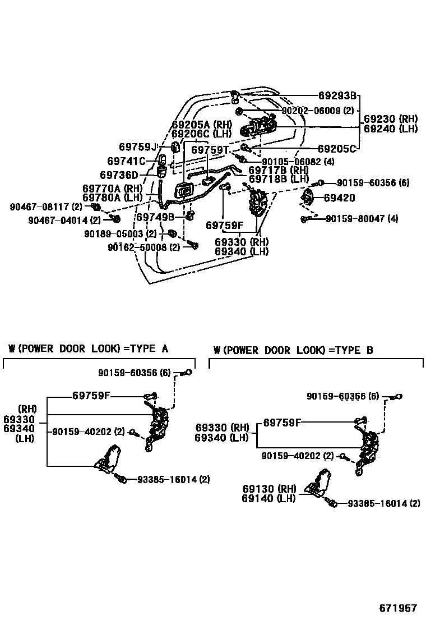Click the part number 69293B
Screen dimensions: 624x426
pyautogui.click(x=337, y=95)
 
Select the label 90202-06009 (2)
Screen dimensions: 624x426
pyautogui.click(x=318, y=111)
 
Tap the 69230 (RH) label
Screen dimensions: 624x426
pyautogui.click(x=391, y=119)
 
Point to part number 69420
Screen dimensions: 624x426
pyautogui.click(x=340, y=198)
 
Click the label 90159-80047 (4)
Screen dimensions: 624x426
pyautogui.click(x=362, y=218)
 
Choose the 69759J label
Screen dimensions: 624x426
pyautogui.click(x=138, y=147)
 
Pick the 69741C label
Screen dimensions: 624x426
pyautogui.click(x=127, y=162)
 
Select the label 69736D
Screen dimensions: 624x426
pyautogui.click(x=119, y=176)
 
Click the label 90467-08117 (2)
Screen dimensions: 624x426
pyautogui.click(x=47, y=207)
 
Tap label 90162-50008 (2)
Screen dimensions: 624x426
pyautogui.click(x=144, y=247)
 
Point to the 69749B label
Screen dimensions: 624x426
pyautogui.click(x=155, y=217)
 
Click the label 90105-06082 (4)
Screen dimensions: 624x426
pyautogui.click(x=298, y=162)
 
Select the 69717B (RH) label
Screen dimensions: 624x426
pyautogui.click(x=279, y=170)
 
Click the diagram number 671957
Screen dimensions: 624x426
pyautogui.click(x=398, y=608)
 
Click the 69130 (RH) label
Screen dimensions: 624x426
pyautogui.click(x=269, y=489)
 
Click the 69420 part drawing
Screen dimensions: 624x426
pyautogui.click(x=307, y=198)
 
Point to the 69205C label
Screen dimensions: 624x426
pyautogui.click(x=337, y=149)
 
